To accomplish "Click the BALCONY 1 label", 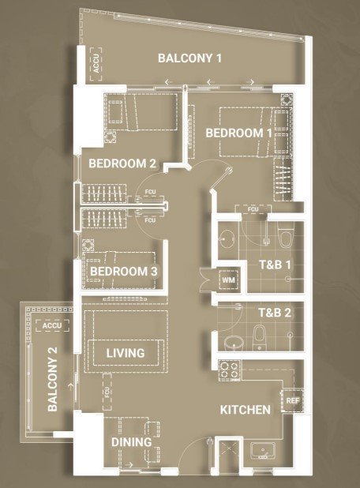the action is click(x=189, y=58).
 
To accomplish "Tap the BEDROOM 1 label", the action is click(x=238, y=133).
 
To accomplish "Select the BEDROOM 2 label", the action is click(x=122, y=163).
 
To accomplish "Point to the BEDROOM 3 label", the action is click(x=123, y=271).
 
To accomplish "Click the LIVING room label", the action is click(x=126, y=353).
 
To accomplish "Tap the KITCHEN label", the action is click(x=246, y=410).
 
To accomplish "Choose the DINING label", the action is click(x=131, y=442).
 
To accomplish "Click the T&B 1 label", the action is click(x=275, y=265).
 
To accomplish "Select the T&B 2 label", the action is click(x=275, y=313).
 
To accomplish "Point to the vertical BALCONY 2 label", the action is click(x=53, y=379).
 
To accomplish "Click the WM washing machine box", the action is click(x=228, y=280).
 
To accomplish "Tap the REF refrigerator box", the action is click(x=292, y=400).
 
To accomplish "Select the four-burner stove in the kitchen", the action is click(x=229, y=370).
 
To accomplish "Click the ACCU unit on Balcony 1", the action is click(x=96, y=64).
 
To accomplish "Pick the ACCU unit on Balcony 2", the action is click(x=52, y=325).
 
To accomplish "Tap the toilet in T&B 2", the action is click(x=259, y=337).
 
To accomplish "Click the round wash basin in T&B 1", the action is click(x=227, y=238).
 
